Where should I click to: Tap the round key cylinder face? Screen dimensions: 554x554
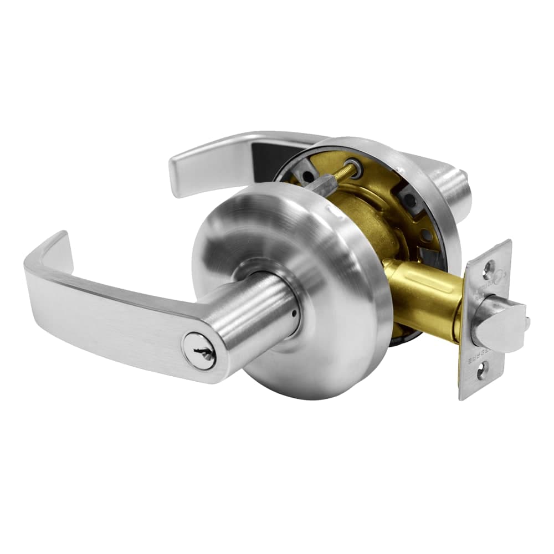click(199, 349)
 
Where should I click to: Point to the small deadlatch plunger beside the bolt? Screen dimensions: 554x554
click(526, 320)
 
